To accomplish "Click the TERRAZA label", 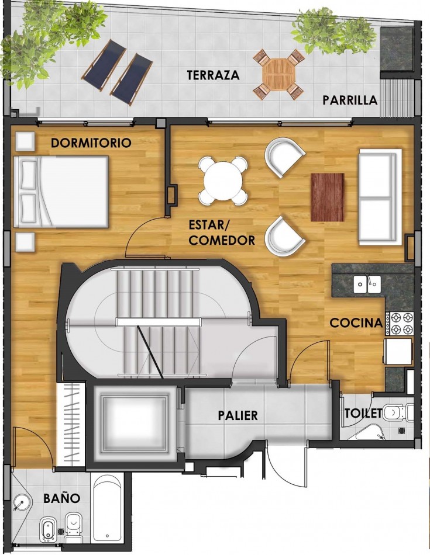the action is [x=213, y=75].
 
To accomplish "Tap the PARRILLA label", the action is [x=350, y=100].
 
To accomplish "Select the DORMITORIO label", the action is [x=91, y=143].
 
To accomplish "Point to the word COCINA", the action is [x=356, y=323].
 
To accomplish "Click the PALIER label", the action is [x=238, y=415].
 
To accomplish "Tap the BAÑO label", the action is [x=61, y=498].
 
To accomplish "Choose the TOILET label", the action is [x=363, y=412].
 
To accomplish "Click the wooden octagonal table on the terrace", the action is [x=278, y=75].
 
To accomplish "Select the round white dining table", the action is [x=223, y=181].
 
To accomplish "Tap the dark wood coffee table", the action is [x=327, y=197].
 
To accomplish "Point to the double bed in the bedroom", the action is [x=61, y=192].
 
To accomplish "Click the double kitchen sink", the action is [x=367, y=285].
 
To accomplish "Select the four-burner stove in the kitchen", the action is [x=400, y=324].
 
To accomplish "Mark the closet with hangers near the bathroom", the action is [x=70, y=425].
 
